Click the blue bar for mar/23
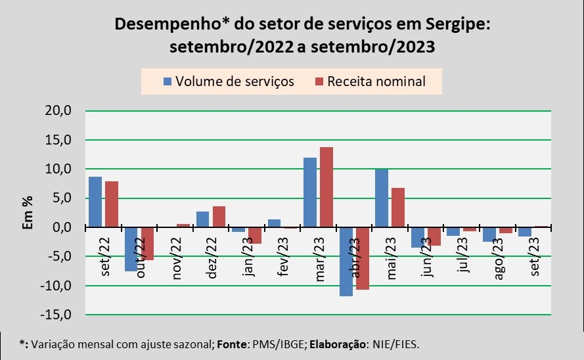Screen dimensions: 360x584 pyautogui.click(x=310, y=192)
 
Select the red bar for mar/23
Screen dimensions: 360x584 pyautogui.click(x=326, y=187)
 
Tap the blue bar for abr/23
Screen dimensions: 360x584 pyautogui.click(x=346, y=261)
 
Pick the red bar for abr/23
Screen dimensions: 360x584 pyautogui.click(x=363, y=258)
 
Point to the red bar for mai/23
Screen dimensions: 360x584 pyautogui.click(x=398, y=208)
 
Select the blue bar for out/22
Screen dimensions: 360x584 pyautogui.click(x=131, y=249)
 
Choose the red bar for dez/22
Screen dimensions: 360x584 pyautogui.click(x=219, y=217)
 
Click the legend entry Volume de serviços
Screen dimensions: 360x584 pyautogui.click(x=228, y=81)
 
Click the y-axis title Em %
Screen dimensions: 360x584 pyautogui.click(x=28, y=213)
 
